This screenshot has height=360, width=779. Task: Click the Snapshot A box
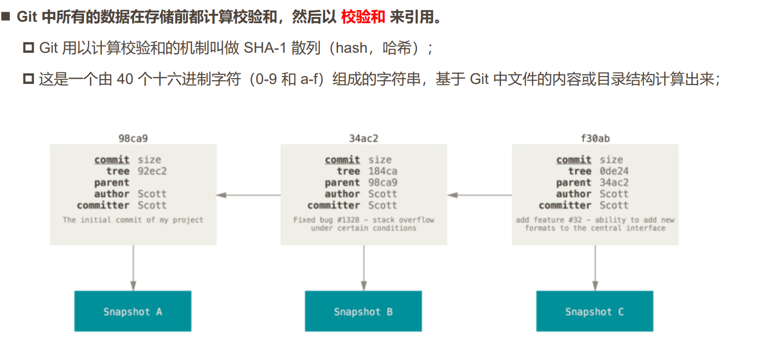click(132, 311)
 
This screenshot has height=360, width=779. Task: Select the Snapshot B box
click(363, 311)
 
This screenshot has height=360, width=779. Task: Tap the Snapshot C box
click(594, 311)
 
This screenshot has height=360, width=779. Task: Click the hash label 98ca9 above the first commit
click(133, 138)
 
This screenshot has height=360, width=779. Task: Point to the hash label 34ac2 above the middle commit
click(364, 138)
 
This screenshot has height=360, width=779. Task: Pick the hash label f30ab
click(595, 138)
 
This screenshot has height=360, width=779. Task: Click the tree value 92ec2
click(153, 171)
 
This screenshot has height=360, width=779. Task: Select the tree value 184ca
click(383, 171)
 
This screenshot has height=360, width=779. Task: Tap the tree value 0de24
click(614, 171)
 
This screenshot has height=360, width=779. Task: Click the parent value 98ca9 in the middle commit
click(383, 183)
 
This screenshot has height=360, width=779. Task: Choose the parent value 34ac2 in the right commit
click(614, 183)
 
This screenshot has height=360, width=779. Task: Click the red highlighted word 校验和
click(363, 17)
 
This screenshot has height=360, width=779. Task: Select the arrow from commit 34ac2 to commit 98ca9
click(248, 195)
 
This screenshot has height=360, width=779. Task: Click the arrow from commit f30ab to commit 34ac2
click(479, 195)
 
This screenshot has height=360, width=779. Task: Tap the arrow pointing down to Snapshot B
click(364, 268)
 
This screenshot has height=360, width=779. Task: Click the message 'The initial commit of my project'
click(133, 220)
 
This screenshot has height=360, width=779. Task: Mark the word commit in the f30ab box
click(574, 159)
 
